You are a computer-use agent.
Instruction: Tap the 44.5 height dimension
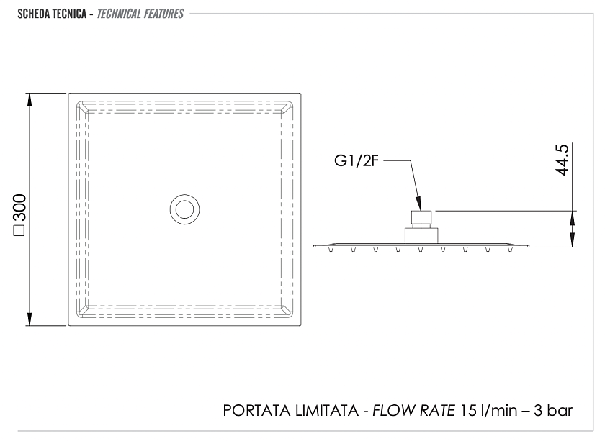[x=563, y=160]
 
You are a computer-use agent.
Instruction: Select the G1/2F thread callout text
[x=357, y=160]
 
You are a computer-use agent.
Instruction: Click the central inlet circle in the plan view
[x=185, y=209]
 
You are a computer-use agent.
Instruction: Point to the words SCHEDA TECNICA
[x=52, y=14]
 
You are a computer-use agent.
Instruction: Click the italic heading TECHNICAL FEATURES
[x=140, y=14]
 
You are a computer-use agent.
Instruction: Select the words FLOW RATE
[x=413, y=411]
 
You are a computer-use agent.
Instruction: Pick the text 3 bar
[x=553, y=411]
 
